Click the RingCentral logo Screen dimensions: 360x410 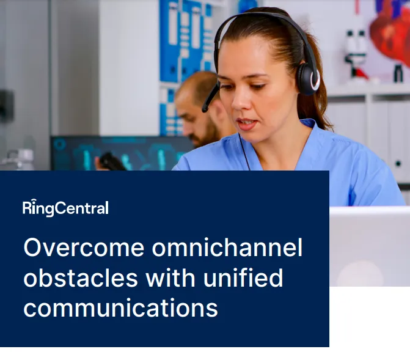[x=65, y=208]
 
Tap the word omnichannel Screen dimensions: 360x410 [x=227, y=248]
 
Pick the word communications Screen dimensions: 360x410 [x=120, y=307]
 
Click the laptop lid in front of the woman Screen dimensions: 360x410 [x=369, y=244]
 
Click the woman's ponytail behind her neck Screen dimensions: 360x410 [x=321, y=110]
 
